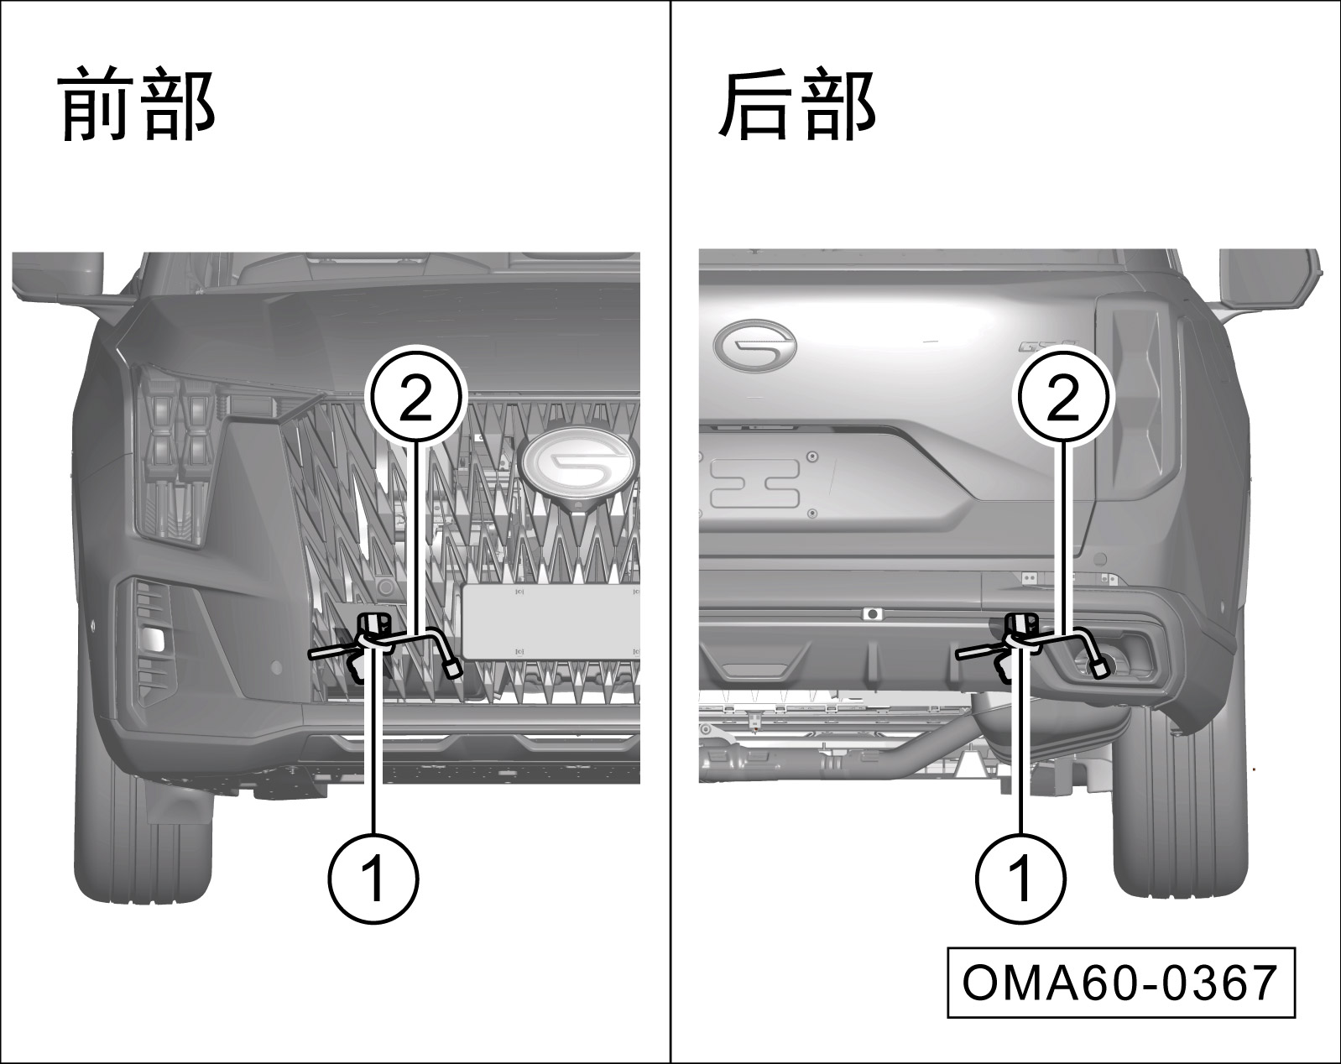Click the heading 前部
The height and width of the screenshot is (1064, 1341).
click(x=137, y=103)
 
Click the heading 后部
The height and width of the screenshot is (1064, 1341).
click(x=797, y=103)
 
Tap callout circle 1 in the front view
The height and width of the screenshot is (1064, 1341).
click(x=373, y=879)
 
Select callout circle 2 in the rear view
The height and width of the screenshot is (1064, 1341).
click(x=1065, y=396)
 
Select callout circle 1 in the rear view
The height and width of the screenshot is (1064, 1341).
click(x=1021, y=879)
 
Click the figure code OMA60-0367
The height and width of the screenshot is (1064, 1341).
click(x=1121, y=983)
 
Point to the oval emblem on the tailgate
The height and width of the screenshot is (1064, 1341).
click(x=754, y=346)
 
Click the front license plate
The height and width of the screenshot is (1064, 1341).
click(x=550, y=621)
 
